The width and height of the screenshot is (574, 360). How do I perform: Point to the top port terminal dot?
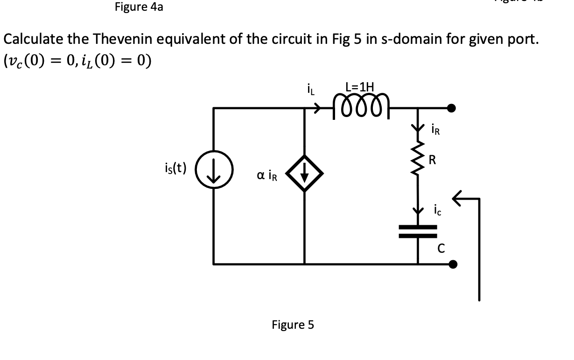pyautogui.click(x=452, y=109)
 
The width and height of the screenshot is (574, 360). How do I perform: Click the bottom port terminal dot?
pyautogui.click(x=452, y=264)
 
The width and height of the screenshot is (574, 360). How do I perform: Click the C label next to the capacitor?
pyautogui.click(x=440, y=249)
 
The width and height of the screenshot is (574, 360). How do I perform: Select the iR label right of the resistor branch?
pyautogui.click(x=434, y=129)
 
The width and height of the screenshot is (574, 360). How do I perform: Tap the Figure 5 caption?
pyautogui.click(x=293, y=325)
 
